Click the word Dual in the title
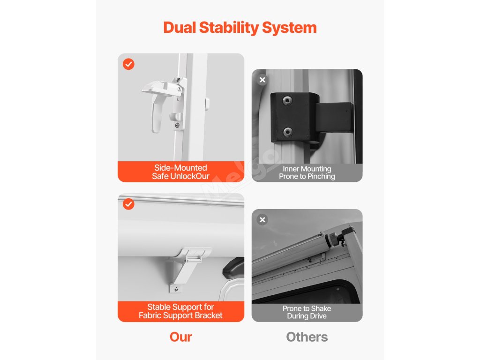click(180, 28)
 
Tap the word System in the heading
click(289, 28)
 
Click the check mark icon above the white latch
click(128, 64)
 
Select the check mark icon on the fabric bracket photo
click(128, 204)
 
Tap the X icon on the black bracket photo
click(262, 80)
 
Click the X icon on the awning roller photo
click(262, 219)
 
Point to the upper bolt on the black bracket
click(287, 100)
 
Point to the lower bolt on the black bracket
click(287, 132)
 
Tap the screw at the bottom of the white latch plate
click(177, 125)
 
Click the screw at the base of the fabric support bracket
click(176, 289)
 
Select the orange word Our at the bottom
click(181, 337)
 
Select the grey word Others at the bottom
click(307, 337)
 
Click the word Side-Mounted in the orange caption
click(180, 168)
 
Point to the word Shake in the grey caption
click(321, 308)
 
